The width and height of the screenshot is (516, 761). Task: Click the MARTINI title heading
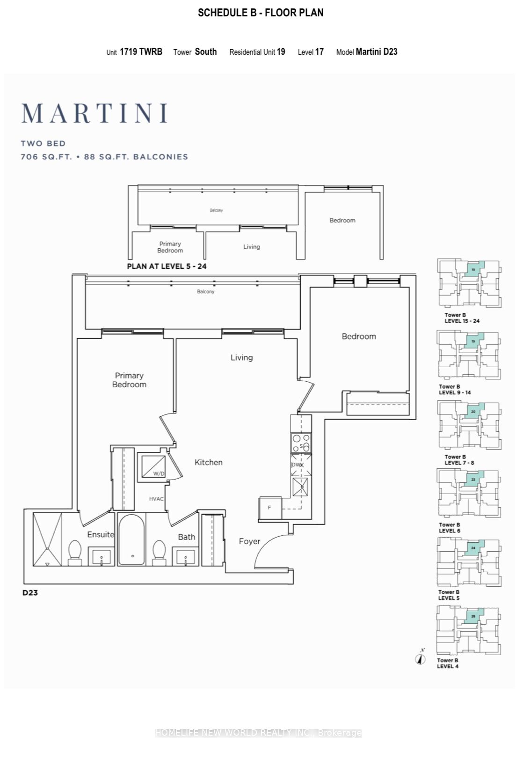pos(94,113)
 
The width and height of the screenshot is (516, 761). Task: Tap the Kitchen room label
pos(208,462)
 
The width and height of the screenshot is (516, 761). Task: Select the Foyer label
pos(249,541)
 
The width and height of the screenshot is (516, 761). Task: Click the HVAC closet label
pos(156,499)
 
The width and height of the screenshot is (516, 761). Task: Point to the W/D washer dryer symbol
pos(153,467)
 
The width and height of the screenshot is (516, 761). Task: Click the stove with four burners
pos(301,443)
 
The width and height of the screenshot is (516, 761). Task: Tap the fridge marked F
pos(269,508)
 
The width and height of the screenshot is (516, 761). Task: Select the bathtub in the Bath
pos(131,539)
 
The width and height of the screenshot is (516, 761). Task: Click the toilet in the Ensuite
pos(75,553)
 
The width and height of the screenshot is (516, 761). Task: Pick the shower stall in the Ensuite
pos(47,539)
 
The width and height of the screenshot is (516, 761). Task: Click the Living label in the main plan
pos(241,358)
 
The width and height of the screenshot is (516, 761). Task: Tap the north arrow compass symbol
pos(421,658)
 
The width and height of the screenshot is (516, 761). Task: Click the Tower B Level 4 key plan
pos(468,630)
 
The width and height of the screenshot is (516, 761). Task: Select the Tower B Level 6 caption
pos(449,528)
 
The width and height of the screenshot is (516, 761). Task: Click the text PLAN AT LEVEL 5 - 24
pos(167,266)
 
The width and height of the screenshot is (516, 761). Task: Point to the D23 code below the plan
pos(30,592)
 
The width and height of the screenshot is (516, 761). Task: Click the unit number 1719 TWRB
pos(141,52)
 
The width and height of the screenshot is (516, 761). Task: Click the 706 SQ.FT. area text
pos(46,157)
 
